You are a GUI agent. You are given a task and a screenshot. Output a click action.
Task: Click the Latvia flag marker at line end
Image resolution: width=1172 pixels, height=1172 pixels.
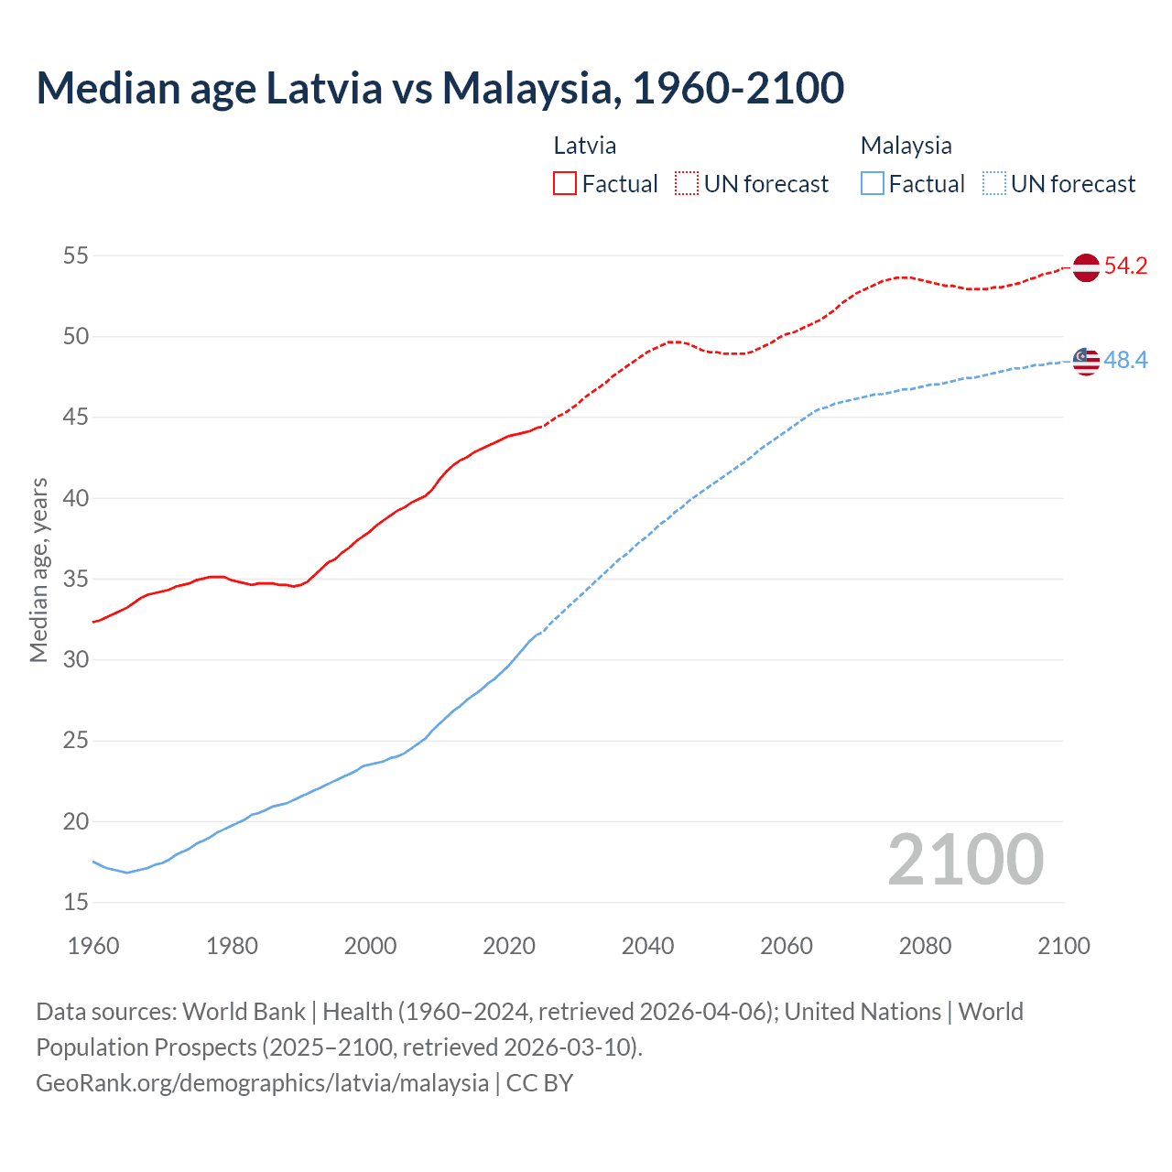[x=1085, y=267]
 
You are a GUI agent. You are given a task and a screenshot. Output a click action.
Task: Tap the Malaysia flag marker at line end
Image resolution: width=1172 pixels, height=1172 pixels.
[x=1085, y=361]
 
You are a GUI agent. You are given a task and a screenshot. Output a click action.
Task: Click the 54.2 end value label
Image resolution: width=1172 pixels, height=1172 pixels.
[x=1125, y=266]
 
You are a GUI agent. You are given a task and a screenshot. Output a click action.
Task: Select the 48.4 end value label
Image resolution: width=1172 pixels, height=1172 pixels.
[x=1125, y=361]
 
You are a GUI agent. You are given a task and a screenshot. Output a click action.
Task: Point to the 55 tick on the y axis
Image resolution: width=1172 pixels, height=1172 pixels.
[x=75, y=255]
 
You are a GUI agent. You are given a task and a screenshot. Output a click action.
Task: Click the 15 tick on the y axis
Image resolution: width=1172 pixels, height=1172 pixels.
[x=75, y=903]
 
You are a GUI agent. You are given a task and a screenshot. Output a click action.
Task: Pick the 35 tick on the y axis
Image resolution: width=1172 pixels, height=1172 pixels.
[x=75, y=580]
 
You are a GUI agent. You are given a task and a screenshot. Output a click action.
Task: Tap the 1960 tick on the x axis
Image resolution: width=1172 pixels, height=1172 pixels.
[x=93, y=946]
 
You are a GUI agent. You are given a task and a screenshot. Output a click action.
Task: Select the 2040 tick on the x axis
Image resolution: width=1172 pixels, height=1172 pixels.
[x=647, y=946]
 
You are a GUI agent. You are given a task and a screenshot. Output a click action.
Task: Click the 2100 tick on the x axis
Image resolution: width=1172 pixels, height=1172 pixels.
[x=1063, y=946]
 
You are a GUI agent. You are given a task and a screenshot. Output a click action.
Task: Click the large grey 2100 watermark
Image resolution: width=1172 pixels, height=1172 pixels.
[x=965, y=860]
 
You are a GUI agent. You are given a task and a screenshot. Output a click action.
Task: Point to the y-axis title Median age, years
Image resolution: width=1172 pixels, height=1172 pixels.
[x=38, y=570]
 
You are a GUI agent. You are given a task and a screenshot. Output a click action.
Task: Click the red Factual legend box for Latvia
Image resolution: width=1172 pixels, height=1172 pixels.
[x=565, y=184]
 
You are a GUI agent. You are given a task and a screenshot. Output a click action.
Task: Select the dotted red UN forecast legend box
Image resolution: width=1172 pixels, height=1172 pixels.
[x=687, y=184]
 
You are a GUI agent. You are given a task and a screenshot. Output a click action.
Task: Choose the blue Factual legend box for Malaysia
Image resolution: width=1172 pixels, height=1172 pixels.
[x=873, y=184]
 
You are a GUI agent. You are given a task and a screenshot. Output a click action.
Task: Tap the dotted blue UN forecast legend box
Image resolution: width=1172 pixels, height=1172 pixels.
[x=994, y=184]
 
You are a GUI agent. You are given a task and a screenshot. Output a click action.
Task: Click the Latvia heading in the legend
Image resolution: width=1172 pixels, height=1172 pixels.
[x=584, y=146]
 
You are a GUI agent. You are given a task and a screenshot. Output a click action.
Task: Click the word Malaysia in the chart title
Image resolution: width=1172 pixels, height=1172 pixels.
[x=526, y=88]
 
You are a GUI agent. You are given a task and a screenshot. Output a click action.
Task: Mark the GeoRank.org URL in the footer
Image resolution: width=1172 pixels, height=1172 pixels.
[x=262, y=1083]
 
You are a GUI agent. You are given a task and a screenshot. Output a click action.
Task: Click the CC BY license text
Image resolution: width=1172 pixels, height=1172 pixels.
[x=539, y=1083]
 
